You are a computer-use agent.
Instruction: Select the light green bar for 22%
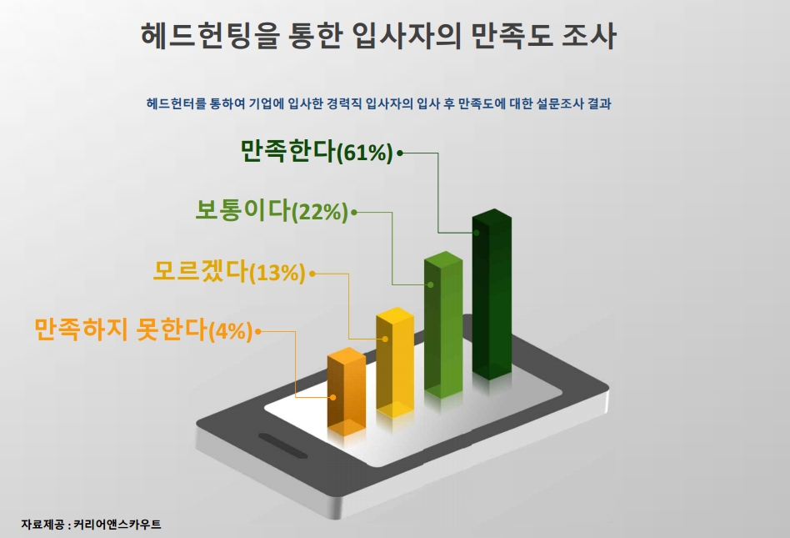pos(443,324)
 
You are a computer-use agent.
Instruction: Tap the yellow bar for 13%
pos(396,362)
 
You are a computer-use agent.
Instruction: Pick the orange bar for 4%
pos(347,391)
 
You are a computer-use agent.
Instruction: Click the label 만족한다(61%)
pos(316,151)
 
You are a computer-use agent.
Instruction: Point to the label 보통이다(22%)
pos(272,210)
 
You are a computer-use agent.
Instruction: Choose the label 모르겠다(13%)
pos(228,271)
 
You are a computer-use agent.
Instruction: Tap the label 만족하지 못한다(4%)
pos(143,329)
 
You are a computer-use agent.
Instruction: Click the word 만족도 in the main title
pos(510,36)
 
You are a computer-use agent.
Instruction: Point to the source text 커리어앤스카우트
pos(117,525)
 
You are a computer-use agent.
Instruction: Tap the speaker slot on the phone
pos(282,445)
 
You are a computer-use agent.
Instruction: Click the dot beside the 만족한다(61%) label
pos(400,153)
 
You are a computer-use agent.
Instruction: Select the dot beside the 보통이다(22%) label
pos(354,212)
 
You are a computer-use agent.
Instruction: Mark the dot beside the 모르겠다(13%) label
pos(312,274)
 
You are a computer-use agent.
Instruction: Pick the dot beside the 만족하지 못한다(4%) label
pos(258,331)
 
